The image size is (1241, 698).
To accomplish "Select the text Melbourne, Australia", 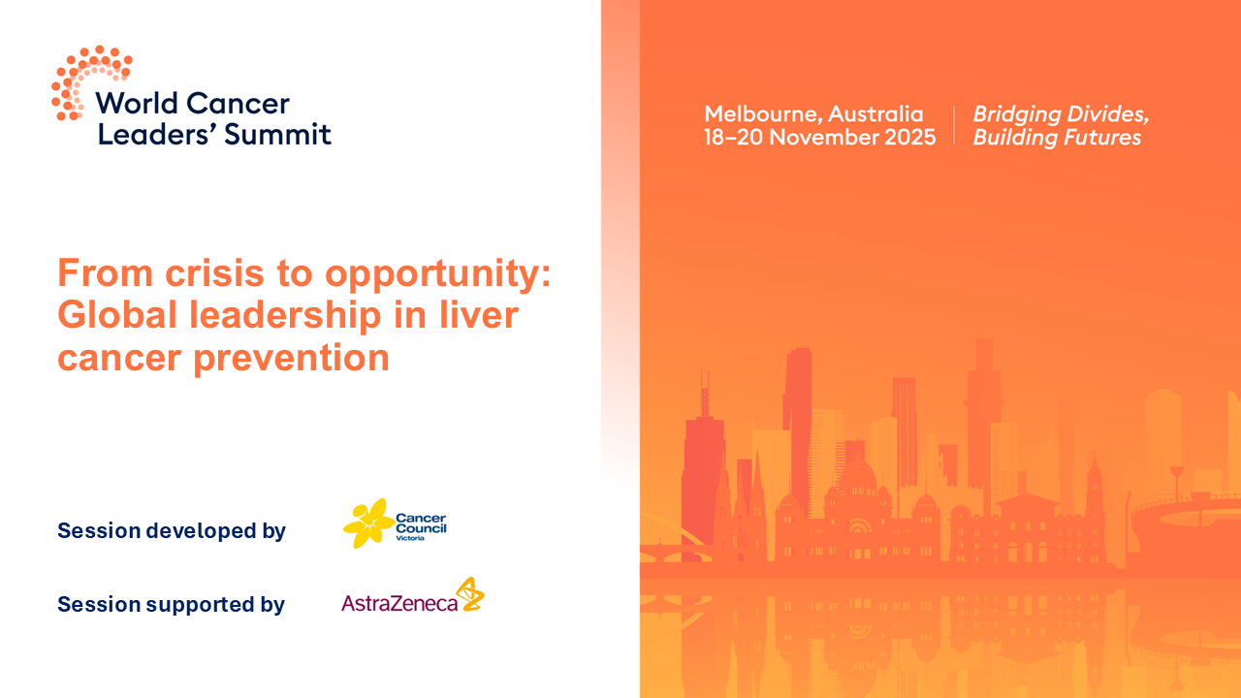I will [x=813, y=114].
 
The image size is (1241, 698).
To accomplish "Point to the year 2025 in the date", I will [x=910, y=138].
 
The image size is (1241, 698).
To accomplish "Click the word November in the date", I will [x=823, y=138].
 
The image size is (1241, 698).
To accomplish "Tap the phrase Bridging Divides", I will [x=1061, y=114].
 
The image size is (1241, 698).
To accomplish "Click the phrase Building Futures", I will [x=1057, y=138].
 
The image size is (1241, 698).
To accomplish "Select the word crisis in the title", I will [x=207, y=274].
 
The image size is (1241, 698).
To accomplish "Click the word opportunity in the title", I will [x=437, y=274].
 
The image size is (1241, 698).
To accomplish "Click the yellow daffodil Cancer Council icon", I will [x=367, y=523].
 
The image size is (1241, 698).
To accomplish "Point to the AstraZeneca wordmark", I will [x=398, y=604].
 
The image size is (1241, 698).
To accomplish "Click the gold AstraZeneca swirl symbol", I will [x=470, y=593].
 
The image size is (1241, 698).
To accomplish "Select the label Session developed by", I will [x=172, y=531].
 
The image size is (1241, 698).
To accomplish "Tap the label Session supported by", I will [x=172, y=605].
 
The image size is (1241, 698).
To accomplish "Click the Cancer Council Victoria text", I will [x=421, y=526].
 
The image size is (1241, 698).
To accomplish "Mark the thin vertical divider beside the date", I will [x=954, y=126].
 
